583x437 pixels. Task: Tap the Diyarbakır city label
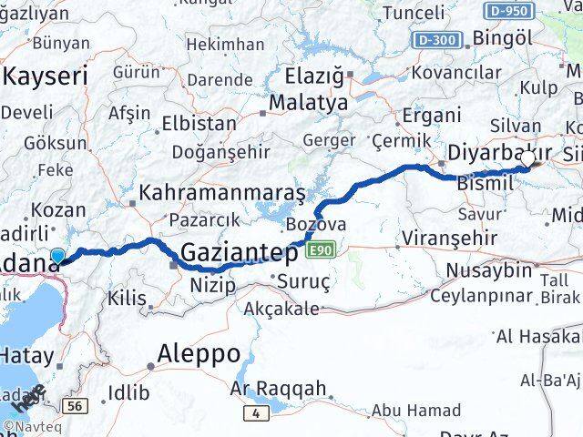point(501,152)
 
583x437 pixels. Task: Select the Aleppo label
point(199,353)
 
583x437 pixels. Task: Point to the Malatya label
point(308,103)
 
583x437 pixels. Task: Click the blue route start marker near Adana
point(58,258)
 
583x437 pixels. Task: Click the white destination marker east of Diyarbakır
point(527,160)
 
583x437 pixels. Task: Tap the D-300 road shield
point(435,40)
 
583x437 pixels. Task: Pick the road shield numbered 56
point(75,405)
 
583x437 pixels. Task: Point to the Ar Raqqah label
point(279,389)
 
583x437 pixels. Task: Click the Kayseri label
point(46,76)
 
